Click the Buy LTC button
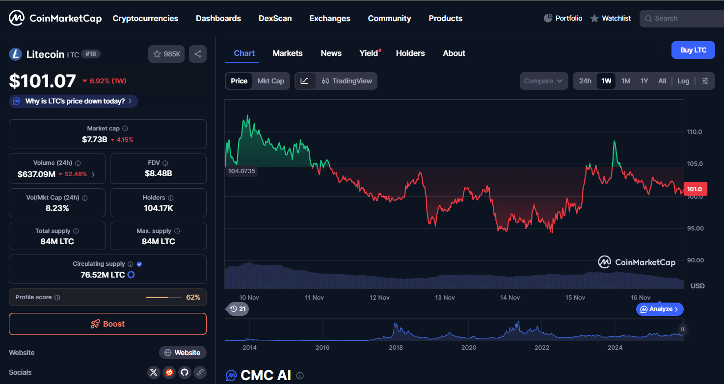tap(693, 50)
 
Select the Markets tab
tap(288, 53)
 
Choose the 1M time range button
tap(625, 81)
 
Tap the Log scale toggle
tap(683, 81)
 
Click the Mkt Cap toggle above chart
tap(270, 81)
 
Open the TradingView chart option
tap(347, 81)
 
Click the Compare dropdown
tap(543, 81)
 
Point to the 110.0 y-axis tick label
tap(695, 132)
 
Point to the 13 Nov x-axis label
tap(445, 297)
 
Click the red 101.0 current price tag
tap(695, 189)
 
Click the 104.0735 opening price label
tap(242, 171)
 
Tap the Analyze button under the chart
tap(660, 309)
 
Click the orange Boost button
tap(107, 324)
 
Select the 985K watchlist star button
tap(166, 54)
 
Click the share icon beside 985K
tap(198, 54)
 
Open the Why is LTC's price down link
tap(73, 101)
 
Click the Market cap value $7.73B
tap(94, 139)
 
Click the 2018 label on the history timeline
tap(396, 347)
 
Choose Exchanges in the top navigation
tap(330, 18)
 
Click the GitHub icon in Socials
tap(184, 372)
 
